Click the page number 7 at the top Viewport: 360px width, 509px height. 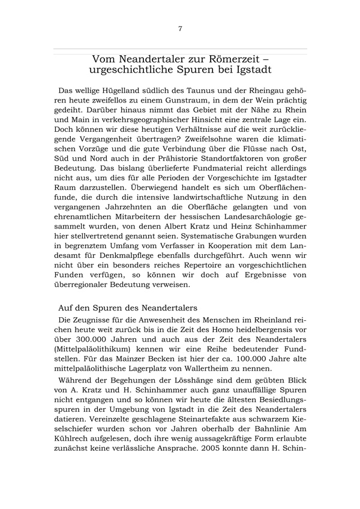pyautogui.click(x=180, y=29)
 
